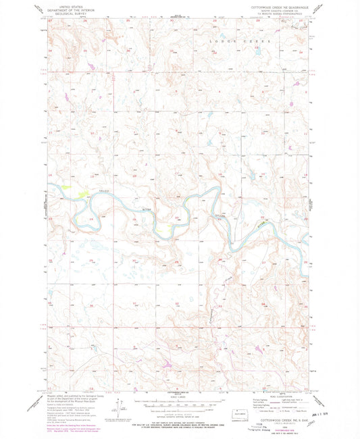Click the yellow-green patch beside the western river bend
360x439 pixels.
pos(83,193)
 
